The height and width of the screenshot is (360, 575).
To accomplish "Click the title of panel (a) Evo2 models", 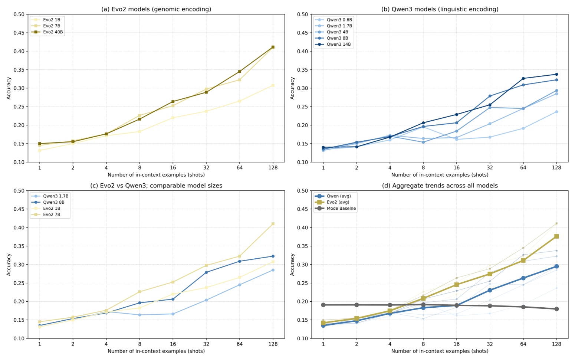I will (156, 9).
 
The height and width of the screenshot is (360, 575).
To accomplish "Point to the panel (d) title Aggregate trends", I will (440, 186).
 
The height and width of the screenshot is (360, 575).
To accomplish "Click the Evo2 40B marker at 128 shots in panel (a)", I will (273, 47).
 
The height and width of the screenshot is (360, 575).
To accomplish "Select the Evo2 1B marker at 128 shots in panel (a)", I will (273, 85).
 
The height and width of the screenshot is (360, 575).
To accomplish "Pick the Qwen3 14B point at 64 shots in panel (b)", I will (523, 78).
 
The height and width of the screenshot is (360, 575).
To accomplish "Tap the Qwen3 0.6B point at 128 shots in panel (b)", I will (556, 112).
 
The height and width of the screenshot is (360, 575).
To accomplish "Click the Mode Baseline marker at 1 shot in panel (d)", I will (323, 305).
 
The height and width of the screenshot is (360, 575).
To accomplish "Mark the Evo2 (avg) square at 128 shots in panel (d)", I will (556, 236).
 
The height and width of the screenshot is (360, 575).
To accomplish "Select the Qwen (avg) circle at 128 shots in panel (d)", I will (556, 266).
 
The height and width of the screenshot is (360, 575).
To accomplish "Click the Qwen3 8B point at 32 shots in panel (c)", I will (206, 272).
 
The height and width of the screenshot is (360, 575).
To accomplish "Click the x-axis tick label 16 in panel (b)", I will (456, 168).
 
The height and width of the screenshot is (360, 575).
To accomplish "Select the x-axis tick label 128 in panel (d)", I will (556, 344).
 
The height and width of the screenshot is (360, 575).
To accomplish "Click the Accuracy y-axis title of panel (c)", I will (9, 265).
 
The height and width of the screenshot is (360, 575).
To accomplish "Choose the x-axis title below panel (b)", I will (440, 175).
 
